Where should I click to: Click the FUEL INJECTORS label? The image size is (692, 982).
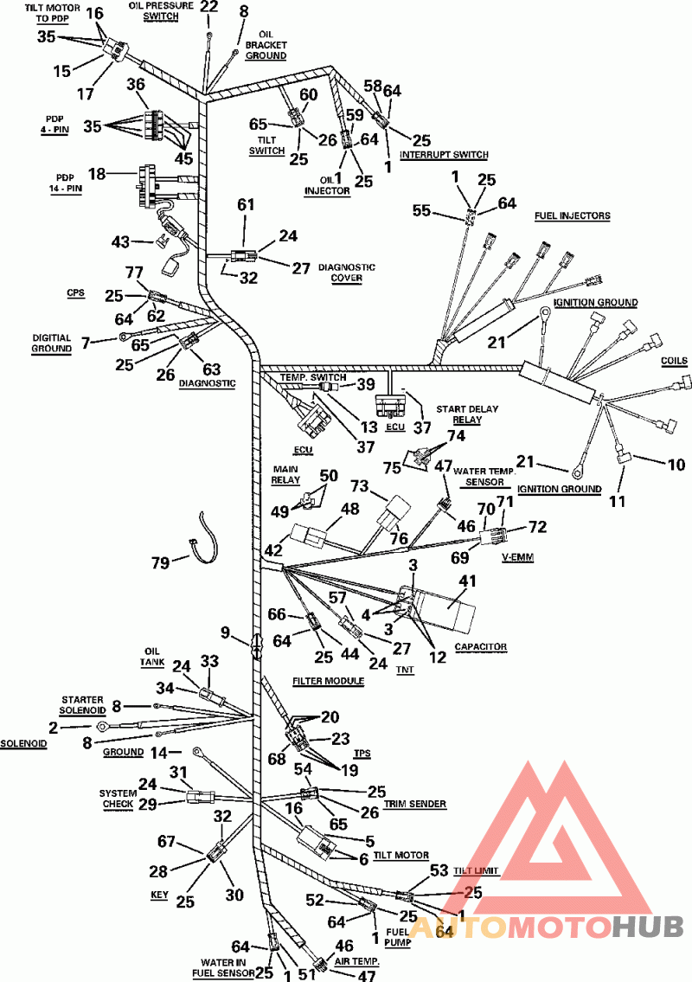572,215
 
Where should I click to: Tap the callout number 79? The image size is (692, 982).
162,563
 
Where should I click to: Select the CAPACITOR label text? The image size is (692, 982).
480,646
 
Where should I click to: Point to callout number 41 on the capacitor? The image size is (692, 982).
467,582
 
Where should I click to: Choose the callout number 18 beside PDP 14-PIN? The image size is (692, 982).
97,174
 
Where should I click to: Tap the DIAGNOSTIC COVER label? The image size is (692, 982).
346,273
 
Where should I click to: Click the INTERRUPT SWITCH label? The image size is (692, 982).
444,155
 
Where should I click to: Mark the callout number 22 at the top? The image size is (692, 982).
209,8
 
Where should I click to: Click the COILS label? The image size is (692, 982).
673,361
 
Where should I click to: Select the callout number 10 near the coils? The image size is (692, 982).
675,465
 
